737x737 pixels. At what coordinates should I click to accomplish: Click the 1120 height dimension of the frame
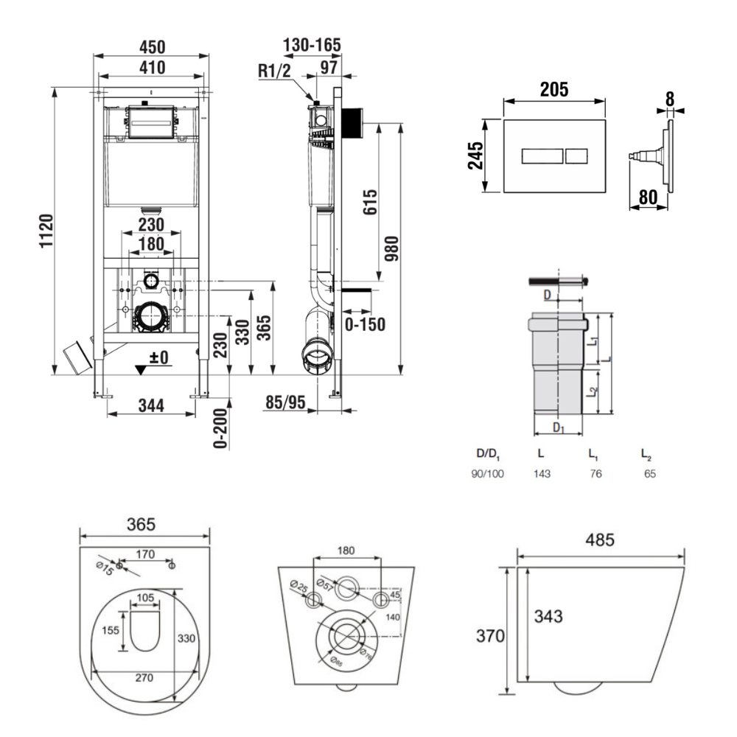tap(46, 233)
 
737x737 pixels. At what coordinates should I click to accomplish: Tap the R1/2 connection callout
tap(274, 71)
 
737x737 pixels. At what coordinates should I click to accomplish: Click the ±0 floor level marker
tap(158, 357)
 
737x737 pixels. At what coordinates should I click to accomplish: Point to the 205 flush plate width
tap(554, 90)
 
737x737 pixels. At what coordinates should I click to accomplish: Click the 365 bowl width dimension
tap(141, 525)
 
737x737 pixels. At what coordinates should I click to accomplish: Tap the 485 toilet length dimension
tap(600, 539)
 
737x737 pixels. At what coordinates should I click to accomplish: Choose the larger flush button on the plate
tap(542, 157)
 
